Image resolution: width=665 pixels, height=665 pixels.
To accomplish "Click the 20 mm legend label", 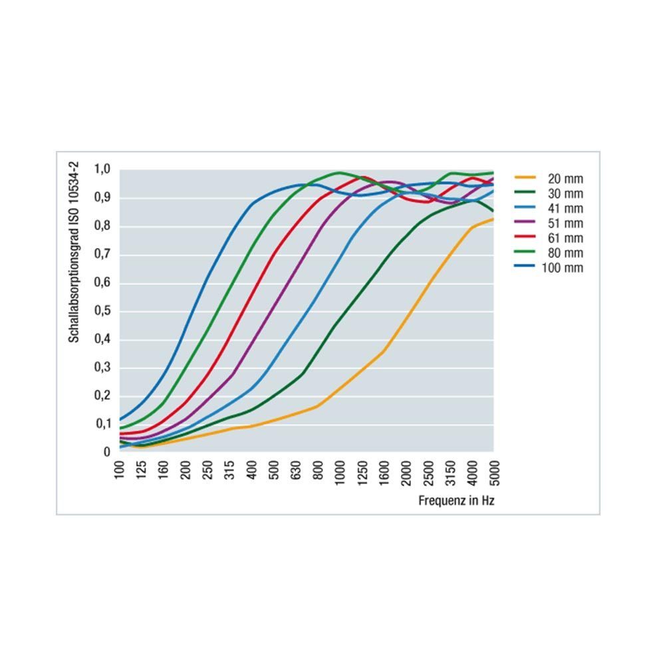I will point(565,178).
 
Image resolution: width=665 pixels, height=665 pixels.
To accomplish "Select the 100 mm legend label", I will point(563,268).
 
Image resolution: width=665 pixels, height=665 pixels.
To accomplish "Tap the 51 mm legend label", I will point(565,223).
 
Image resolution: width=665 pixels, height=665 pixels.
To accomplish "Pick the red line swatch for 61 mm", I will point(525,238).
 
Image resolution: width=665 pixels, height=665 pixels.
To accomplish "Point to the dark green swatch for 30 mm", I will point(525,194).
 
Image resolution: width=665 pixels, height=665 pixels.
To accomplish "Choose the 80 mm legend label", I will point(565,253).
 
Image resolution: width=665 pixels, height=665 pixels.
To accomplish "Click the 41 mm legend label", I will point(565,208).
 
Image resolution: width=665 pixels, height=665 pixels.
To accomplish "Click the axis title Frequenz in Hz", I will point(456,501).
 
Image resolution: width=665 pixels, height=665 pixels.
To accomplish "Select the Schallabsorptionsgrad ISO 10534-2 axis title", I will point(74,253).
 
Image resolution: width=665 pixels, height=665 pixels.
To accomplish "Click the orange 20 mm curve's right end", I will point(493,219).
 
